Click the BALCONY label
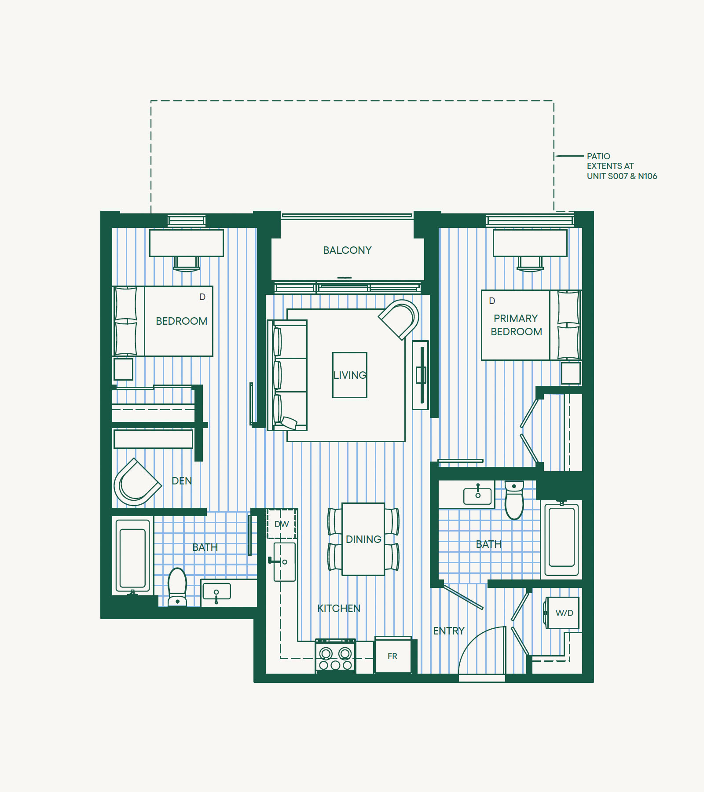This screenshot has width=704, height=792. [347, 250]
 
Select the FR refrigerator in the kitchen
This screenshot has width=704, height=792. [393, 655]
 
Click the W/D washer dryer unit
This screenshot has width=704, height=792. [562, 613]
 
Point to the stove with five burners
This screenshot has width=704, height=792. [335, 656]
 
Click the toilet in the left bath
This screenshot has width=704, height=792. [177, 587]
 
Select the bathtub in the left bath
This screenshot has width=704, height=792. [133, 556]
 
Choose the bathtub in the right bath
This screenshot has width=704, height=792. [561, 538]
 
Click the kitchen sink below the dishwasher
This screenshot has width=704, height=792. [284, 562]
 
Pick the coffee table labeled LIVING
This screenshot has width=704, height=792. [350, 375]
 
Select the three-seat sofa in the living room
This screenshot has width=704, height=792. [287, 375]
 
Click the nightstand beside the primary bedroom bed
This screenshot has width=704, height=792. [571, 373]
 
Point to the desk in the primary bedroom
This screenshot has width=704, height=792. [530, 243]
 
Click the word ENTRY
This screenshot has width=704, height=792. [449, 631]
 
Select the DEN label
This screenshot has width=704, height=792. [182, 481]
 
